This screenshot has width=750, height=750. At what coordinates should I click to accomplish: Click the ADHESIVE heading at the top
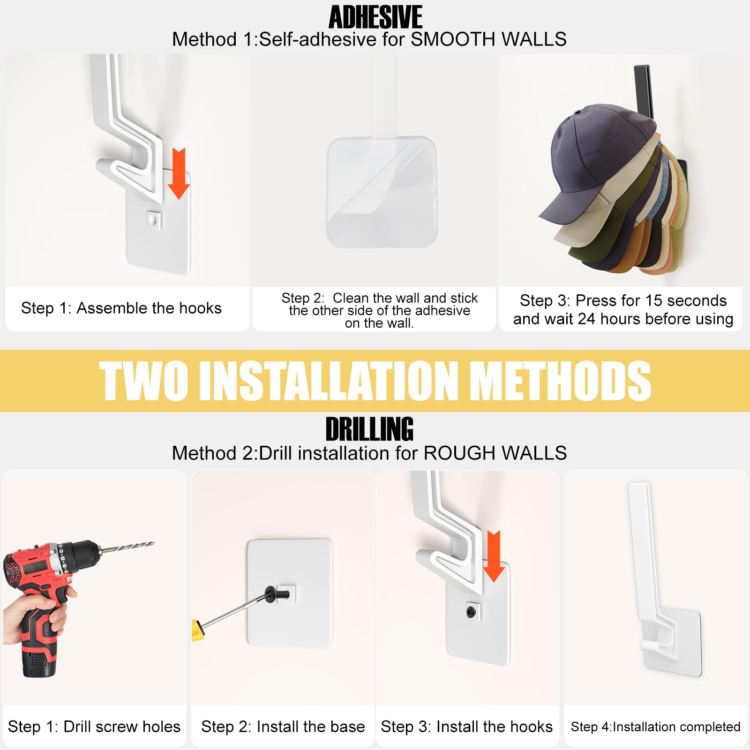375,17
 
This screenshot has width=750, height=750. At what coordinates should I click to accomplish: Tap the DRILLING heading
369,429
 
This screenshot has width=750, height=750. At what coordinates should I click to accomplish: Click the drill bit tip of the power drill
151,544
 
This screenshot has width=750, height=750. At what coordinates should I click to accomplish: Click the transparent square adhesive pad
382,192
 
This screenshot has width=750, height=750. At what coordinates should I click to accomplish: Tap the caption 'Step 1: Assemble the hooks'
121,308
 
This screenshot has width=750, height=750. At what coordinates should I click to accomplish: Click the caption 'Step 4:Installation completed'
655,727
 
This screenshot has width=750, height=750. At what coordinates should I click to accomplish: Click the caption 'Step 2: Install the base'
283,727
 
